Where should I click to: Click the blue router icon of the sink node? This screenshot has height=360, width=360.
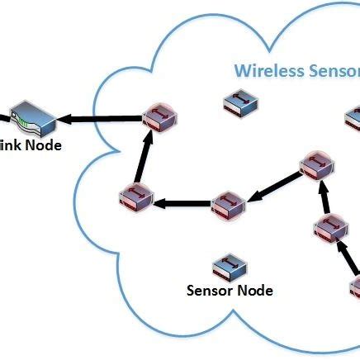pos(31,119)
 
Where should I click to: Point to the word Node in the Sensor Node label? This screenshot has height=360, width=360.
pos(257,290)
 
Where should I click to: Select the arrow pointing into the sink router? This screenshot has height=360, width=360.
pos(99,121)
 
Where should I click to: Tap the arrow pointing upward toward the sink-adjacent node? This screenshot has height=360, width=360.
pos(142,158)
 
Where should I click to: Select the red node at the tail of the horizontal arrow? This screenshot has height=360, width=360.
pos(225,204)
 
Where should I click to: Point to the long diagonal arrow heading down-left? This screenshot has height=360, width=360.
pos(273,186)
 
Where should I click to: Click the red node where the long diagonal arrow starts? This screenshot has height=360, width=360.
pos(315,166)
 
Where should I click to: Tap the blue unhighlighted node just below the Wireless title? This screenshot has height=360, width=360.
pos(241,105)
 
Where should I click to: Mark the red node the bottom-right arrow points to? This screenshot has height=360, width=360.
pos(328,227)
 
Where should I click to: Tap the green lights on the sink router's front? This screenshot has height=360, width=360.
pos(24,126)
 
